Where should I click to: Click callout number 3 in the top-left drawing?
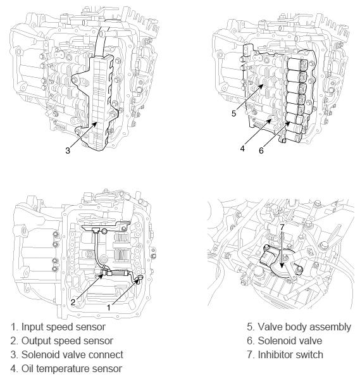(x=68, y=151)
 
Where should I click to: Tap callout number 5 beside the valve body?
(x=233, y=113)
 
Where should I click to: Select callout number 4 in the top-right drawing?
(x=242, y=149)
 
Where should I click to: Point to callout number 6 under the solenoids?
(x=261, y=151)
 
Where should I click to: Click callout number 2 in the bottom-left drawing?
(x=73, y=303)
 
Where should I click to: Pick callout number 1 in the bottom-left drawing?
(x=109, y=308)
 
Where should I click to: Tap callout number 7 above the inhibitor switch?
(x=282, y=227)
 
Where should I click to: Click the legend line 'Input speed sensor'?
(x=58, y=327)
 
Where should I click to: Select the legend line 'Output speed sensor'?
(x=62, y=341)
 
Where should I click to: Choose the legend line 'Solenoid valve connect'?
(x=67, y=355)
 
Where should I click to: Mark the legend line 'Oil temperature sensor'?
(x=66, y=369)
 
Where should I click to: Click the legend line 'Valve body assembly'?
(x=299, y=327)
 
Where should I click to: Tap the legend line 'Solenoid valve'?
(x=285, y=341)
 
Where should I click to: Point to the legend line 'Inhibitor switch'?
(x=285, y=355)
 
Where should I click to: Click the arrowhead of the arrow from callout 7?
(x=282, y=266)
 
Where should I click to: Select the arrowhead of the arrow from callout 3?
(x=96, y=124)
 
